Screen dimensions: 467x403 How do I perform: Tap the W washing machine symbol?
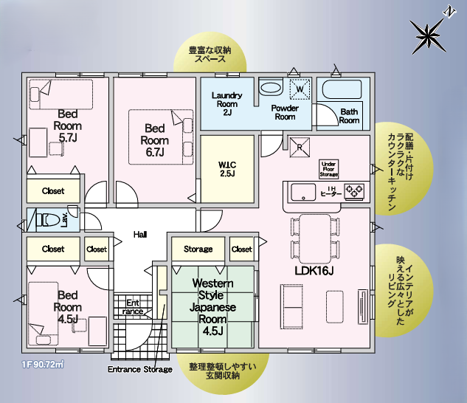(x=300, y=89)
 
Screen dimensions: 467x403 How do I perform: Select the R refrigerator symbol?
(x=300, y=147)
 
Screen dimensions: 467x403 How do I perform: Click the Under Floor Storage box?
(x=329, y=169)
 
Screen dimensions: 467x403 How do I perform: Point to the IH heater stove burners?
(x=354, y=191)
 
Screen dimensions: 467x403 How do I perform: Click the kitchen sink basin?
(x=303, y=192)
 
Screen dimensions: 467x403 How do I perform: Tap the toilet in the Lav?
(x=48, y=220)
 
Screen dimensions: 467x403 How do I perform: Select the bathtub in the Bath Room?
(x=342, y=89)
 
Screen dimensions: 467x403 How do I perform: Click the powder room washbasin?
(x=271, y=87)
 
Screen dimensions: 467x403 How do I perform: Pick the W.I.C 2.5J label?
(x=227, y=169)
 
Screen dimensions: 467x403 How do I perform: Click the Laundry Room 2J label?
(x=227, y=104)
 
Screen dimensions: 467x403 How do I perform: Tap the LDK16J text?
(x=314, y=271)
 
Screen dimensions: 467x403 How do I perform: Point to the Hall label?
(x=140, y=235)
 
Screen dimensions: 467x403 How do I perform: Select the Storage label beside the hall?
(x=198, y=249)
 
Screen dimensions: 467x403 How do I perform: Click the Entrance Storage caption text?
(x=140, y=369)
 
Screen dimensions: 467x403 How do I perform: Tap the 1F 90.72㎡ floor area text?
(x=43, y=365)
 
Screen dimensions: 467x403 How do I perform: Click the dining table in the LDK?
(x=315, y=238)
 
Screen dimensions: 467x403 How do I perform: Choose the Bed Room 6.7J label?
(x=155, y=140)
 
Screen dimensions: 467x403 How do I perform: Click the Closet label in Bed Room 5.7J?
(x=53, y=190)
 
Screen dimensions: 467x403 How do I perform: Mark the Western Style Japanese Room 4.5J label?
(x=212, y=307)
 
